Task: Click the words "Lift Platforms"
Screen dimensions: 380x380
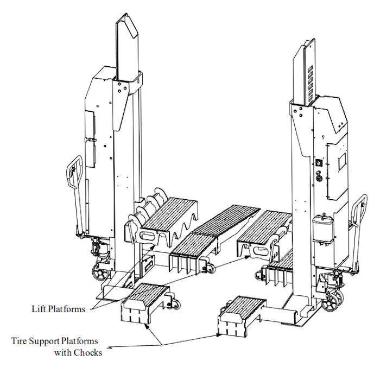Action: coord(58,309)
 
